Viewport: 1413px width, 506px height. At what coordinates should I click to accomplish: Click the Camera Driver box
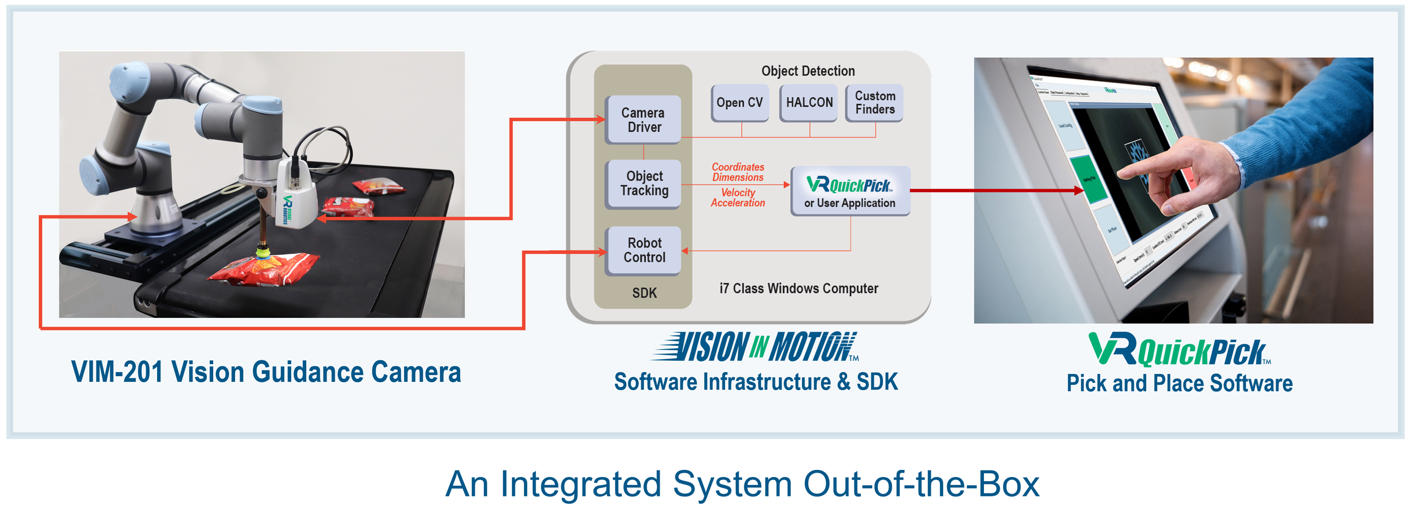click(643, 120)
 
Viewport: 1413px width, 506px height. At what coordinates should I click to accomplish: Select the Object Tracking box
click(643, 184)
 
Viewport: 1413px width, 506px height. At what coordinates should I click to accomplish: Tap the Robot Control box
click(643, 250)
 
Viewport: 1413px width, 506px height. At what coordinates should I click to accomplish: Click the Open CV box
click(739, 103)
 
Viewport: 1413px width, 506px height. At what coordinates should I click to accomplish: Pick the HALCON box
click(809, 103)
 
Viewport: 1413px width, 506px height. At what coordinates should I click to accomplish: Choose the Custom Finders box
click(874, 103)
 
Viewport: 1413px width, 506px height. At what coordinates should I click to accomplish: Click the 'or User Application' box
click(849, 191)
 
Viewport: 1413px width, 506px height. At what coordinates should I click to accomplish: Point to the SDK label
click(644, 293)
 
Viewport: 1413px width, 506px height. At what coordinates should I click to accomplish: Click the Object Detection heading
click(808, 71)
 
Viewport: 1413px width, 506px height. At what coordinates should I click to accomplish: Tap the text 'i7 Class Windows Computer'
click(798, 289)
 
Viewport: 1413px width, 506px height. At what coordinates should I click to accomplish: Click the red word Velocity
click(738, 193)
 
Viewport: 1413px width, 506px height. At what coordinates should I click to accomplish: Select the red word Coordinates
click(738, 167)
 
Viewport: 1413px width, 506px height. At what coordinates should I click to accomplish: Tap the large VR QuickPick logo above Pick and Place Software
click(1178, 350)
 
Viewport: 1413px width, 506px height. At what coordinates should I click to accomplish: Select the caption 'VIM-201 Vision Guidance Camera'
click(266, 372)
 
